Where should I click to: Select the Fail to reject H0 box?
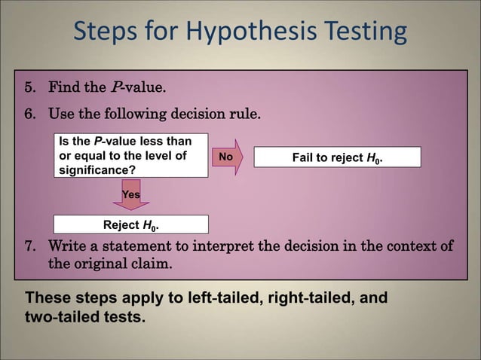point(337,157)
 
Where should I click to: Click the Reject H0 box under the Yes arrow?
point(130,224)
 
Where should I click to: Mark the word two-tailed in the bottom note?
point(59,317)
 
